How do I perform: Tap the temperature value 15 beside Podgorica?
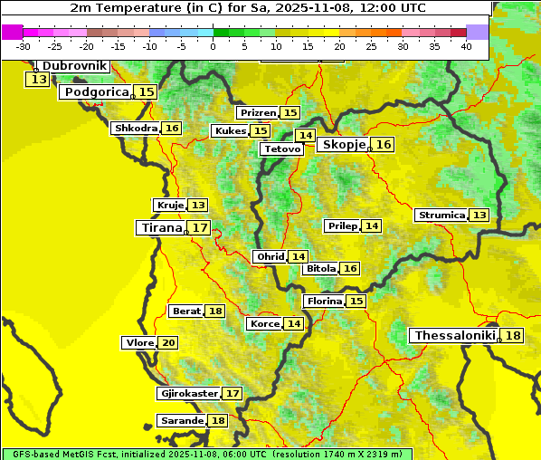pyautogui.click(x=146, y=92)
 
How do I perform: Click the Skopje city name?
pyautogui.click(x=343, y=145)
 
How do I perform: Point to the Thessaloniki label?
pyautogui.click(x=455, y=336)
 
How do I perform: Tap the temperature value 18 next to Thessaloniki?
pyautogui.click(x=513, y=336)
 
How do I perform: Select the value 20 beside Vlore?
pyautogui.click(x=168, y=343)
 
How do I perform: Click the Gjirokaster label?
pyautogui.click(x=188, y=394)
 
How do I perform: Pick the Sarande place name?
pyautogui.click(x=180, y=421)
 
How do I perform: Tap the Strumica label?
pyautogui.click(x=441, y=216)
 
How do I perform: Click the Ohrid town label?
pyautogui.click(x=270, y=257)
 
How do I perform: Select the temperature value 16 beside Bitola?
pyautogui.click(x=349, y=269)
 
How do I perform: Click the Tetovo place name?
pyautogui.click(x=281, y=149)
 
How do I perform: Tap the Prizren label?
pyautogui.click(x=257, y=113)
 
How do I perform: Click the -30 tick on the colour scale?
pyautogui.click(x=24, y=46)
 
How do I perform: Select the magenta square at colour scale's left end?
pyautogui.click(x=13, y=32)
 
